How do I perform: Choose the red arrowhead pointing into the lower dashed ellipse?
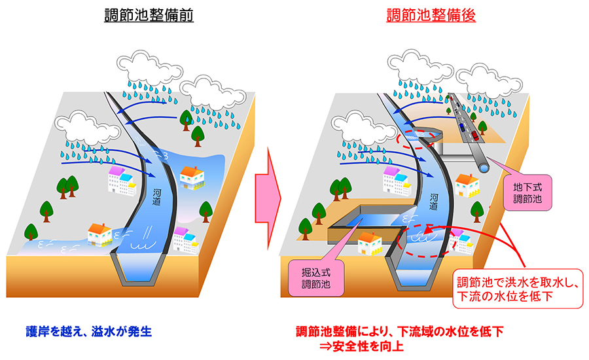[x=427, y=230]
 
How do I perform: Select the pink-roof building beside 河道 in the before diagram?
[x=121, y=179]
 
